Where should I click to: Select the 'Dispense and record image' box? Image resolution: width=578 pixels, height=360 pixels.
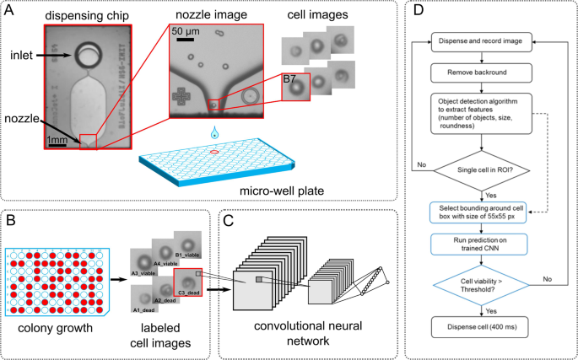click(482, 40)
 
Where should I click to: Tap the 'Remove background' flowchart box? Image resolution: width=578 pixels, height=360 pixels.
click(482, 73)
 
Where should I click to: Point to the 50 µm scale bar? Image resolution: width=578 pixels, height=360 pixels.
click(186, 40)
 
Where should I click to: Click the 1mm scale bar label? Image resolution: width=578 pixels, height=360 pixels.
click(58, 140)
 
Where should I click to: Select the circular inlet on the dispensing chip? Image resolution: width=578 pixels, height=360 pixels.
click(87, 57)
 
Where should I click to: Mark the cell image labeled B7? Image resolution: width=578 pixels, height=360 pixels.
click(295, 89)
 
